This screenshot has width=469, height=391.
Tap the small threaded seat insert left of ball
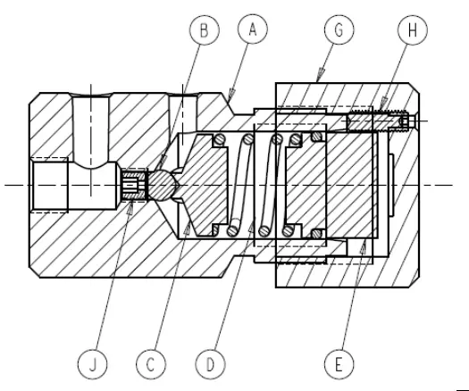pos(135,186)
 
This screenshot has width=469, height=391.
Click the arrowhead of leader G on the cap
pos(320,83)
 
